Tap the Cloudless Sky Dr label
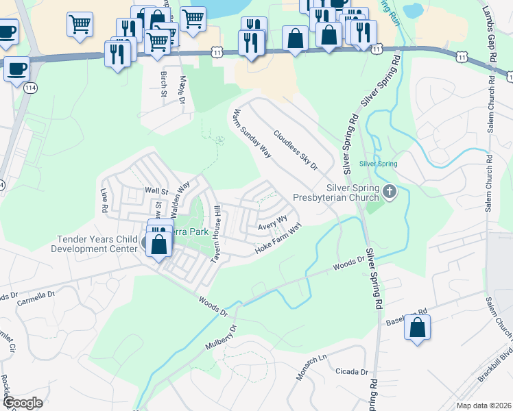pyautogui.click(x=296, y=150)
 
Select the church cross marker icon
pyautogui.click(x=390, y=191)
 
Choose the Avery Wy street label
pyautogui.click(x=272, y=224)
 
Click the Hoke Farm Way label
pyautogui.click(x=278, y=237)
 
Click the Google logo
pyautogui.click(x=23, y=403)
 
